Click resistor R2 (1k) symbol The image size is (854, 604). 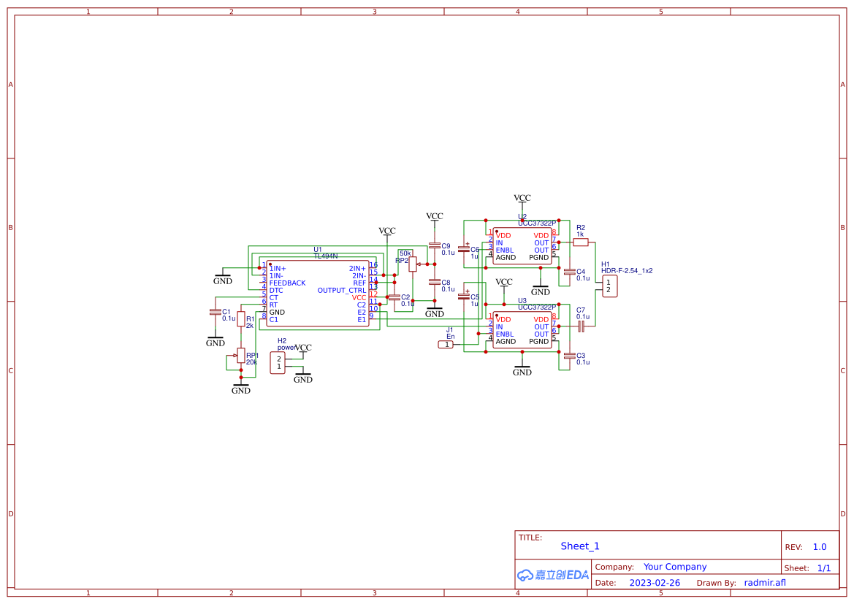pyautogui.click(x=580, y=242)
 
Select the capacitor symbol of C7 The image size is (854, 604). pyautogui.click(x=581, y=327)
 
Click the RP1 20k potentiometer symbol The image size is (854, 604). pyautogui.click(x=240, y=356)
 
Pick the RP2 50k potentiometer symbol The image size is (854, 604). pyautogui.click(x=413, y=264)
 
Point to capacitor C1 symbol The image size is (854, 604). pyautogui.click(x=215, y=312)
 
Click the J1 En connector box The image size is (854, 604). pyautogui.click(x=446, y=344)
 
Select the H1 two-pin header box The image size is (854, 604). pyautogui.click(x=609, y=286)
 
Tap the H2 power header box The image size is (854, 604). pyautogui.click(x=278, y=362)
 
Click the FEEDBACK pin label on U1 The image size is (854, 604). pyautogui.click(x=287, y=283)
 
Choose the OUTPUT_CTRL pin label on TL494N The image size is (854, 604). pyautogui.click(x=341, y=290)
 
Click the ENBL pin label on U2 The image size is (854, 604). pyautogui.click(x=505, y=250)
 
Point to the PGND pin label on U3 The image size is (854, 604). pyautogui.click(x=538, y=341)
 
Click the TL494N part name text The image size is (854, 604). pyautogui.click(x=326, y=256)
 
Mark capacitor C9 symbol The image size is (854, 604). pyautogui.click(x=435, y=245)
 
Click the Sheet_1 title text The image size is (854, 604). pyautogui.click(x=580, y=546)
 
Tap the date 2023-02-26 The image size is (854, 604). pyautogui.click(x=655, y=583)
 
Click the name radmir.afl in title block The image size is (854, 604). pyautogui.click(x=765, y=583)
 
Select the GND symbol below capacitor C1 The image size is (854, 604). pyautogui.click(x=216, y=341)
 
